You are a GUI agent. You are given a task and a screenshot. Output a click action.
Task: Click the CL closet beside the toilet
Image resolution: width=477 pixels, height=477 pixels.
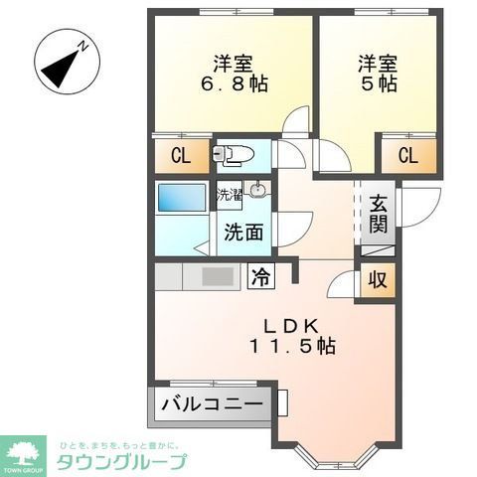click(x=180, y=155)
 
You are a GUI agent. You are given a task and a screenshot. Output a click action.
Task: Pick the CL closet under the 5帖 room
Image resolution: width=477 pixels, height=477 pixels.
click(x=406, y=155)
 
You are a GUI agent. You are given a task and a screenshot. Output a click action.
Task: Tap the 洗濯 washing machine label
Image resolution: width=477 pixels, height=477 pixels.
click(x=230, y=194)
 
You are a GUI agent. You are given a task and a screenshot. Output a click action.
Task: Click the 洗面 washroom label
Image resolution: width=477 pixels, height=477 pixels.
click(x=242, y=234)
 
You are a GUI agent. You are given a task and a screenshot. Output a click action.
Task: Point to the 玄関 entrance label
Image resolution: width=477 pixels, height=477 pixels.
click(x=379, y=214)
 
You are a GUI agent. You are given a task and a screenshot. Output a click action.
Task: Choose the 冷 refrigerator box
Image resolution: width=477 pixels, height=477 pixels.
click(x=261, y=275)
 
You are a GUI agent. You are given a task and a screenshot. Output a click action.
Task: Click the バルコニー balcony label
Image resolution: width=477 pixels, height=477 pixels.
click(x=213, y=405)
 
